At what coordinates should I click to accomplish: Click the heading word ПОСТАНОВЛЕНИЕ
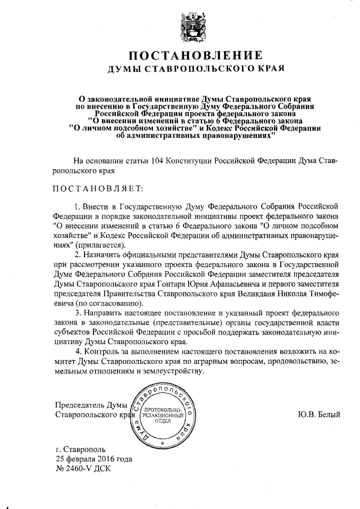click(196, 56)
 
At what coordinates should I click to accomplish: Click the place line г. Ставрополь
click(78, 451)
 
